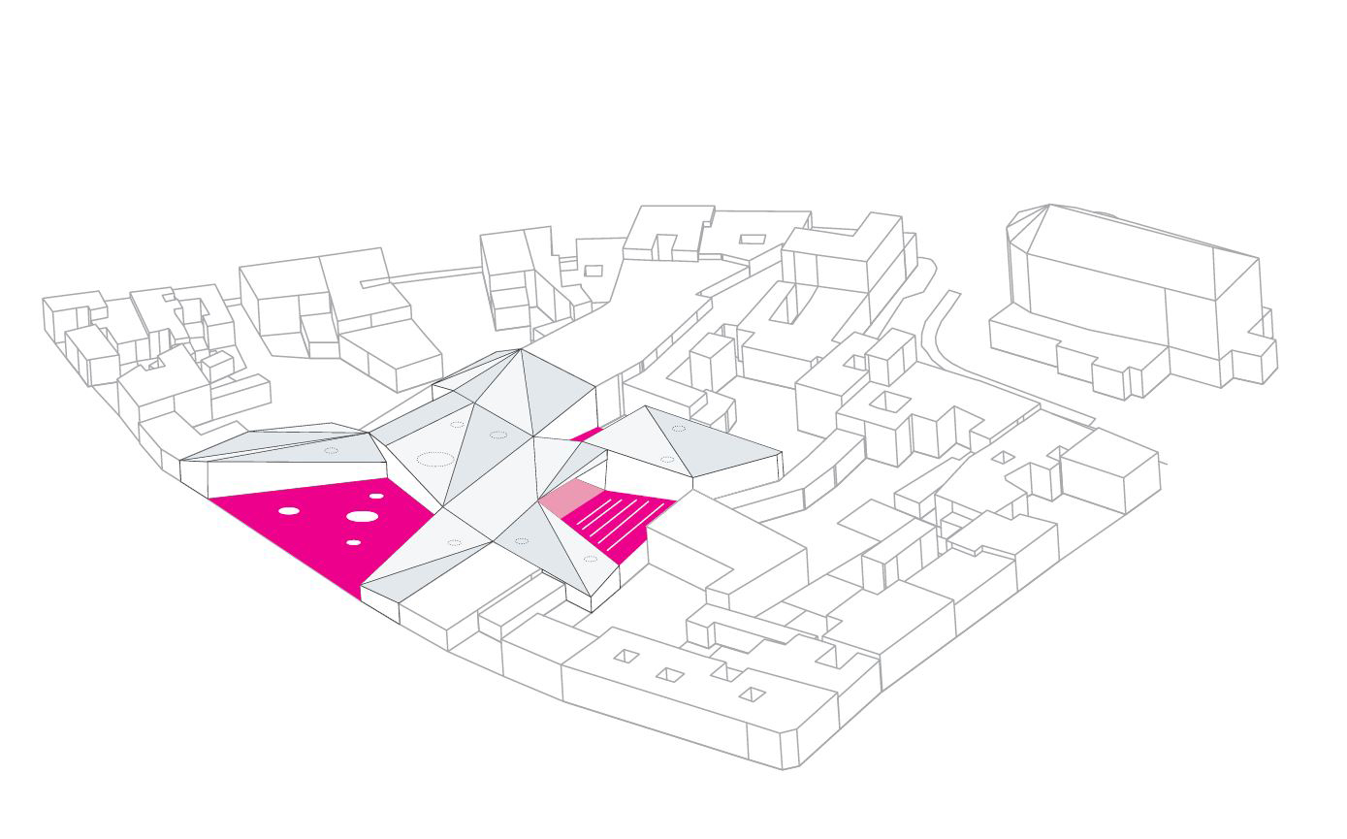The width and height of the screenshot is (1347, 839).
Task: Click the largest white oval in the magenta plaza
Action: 363,517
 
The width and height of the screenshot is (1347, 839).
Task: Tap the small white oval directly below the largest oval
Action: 354,542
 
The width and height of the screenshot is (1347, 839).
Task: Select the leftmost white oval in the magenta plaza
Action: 289,510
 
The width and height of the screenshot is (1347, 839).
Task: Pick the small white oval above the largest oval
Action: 376,497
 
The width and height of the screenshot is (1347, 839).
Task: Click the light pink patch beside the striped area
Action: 570,496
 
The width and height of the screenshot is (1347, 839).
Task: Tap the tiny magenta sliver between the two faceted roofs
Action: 587,435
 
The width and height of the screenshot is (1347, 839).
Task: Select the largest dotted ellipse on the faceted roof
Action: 433,459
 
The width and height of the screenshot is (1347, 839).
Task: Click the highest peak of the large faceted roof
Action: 521,349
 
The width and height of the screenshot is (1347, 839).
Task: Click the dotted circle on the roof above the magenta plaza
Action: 331,450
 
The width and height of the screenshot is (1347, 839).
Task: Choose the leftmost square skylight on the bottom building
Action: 626,657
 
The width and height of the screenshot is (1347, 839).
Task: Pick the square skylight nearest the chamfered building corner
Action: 752,694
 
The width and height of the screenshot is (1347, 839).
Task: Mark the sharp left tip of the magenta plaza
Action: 211,499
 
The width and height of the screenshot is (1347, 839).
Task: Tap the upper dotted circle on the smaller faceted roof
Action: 678,428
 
